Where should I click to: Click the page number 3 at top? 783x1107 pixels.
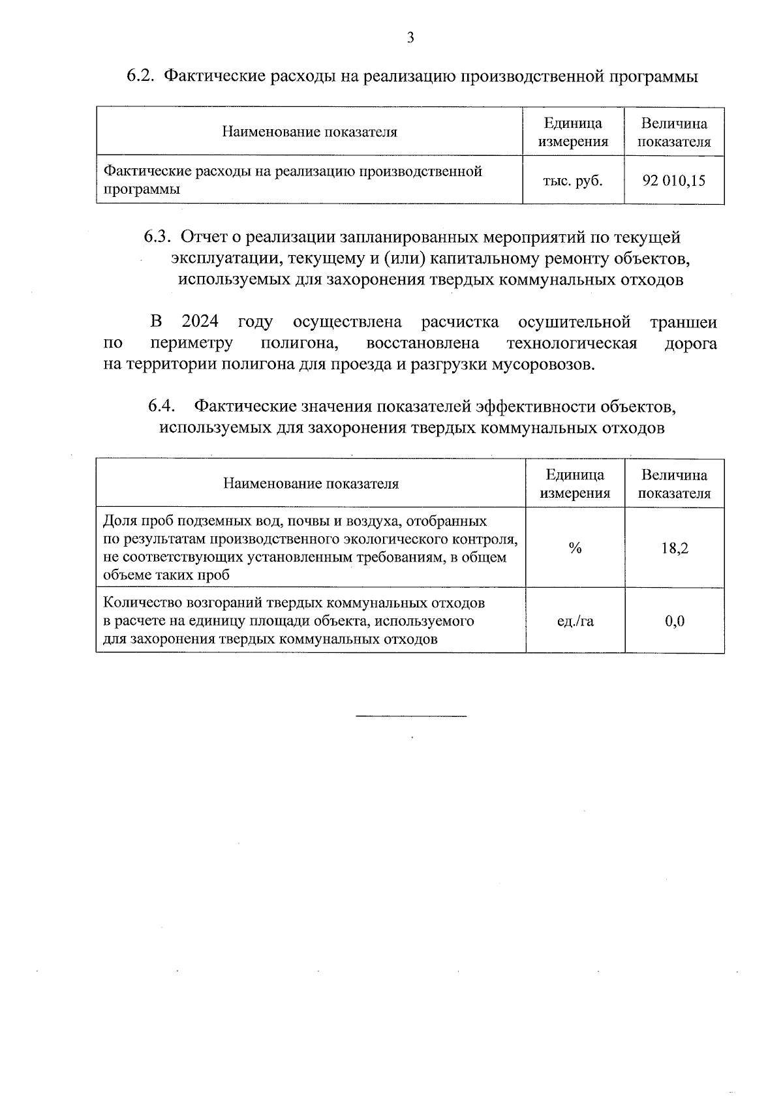tap(410, 38)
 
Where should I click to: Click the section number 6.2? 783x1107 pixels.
tap(140, 76)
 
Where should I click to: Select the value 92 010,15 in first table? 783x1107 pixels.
tap(674, 181)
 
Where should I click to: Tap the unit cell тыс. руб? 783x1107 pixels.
tap(572, 181)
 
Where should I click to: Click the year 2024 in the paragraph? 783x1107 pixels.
tap(200, 322)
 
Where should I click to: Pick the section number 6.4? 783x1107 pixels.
tap(161, 406)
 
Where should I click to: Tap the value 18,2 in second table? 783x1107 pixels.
tap(674, 548)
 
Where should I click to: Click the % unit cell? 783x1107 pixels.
tap(575, 548)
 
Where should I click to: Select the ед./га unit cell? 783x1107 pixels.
tap(575, 621)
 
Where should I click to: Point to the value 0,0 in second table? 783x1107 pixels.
tap(674, 621)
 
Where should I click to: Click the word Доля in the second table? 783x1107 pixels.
tap(118, 521)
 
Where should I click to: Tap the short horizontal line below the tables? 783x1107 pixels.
tap(411, 716)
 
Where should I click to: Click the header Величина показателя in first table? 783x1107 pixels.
tap(674, 132)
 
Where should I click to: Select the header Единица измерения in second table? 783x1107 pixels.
tap(575, 483)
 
